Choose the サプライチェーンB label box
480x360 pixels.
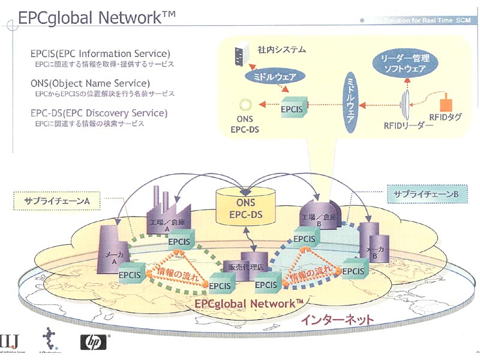click(427, 194)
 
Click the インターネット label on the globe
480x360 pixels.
click(333, 320)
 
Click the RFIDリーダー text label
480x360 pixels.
click(408, 126)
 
